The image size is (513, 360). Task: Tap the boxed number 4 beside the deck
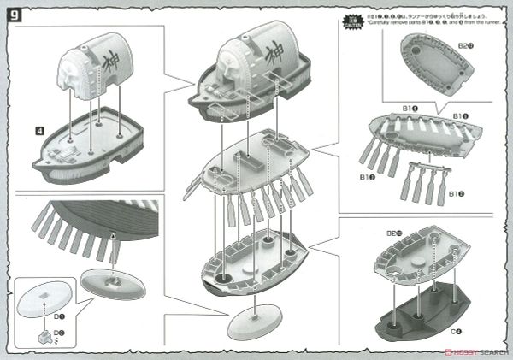(x=39, y=131)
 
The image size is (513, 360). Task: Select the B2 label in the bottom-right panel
(x=395, y=232)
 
